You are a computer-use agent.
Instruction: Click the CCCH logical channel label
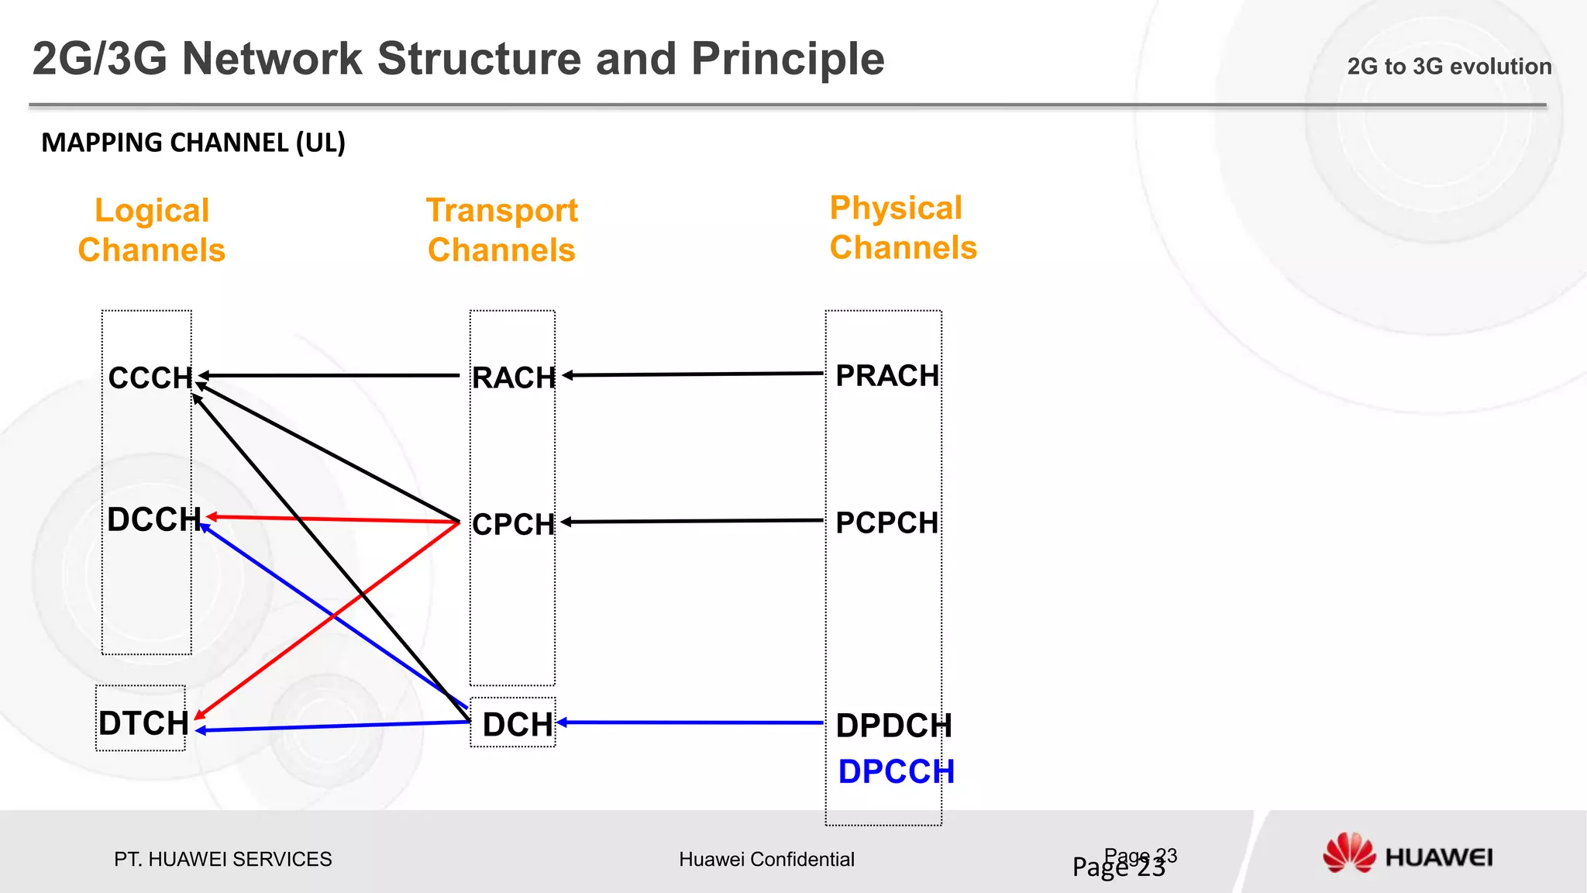point(150,378)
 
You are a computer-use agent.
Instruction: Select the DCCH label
point(153,519)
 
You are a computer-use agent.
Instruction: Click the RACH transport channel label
point(514,378)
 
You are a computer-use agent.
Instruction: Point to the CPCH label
point(514,524)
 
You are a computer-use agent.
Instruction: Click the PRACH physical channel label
point(887,376)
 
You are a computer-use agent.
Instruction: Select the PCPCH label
point(886,522)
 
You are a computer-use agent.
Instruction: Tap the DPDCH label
point(893,726)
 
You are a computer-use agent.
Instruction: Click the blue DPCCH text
point(896,771)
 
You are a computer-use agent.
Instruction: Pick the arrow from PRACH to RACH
point(694,374)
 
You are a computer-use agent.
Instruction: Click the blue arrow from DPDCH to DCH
point(690,722)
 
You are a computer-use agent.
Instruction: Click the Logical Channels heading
point(152,230)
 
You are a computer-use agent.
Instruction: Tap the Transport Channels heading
point(502,230)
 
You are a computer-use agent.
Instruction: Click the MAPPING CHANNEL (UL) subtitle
point(193,143)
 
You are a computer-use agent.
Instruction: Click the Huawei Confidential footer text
point(766,859)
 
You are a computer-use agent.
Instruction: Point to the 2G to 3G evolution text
point(1449,67)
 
